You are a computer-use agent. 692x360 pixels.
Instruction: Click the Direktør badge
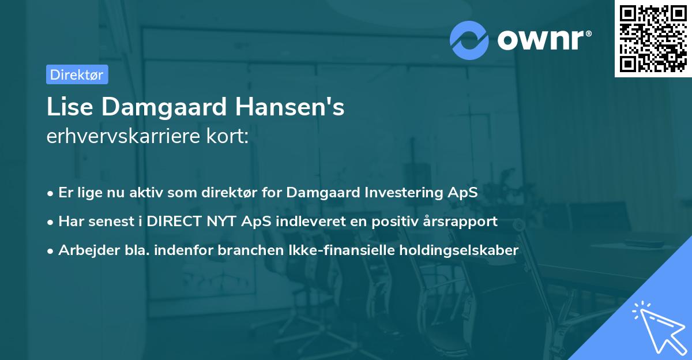(77, 74)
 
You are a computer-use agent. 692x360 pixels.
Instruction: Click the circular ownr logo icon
(469, 40)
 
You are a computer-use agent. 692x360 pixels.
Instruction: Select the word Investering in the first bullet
(403, 193)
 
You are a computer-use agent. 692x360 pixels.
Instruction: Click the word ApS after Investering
(462, 193)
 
